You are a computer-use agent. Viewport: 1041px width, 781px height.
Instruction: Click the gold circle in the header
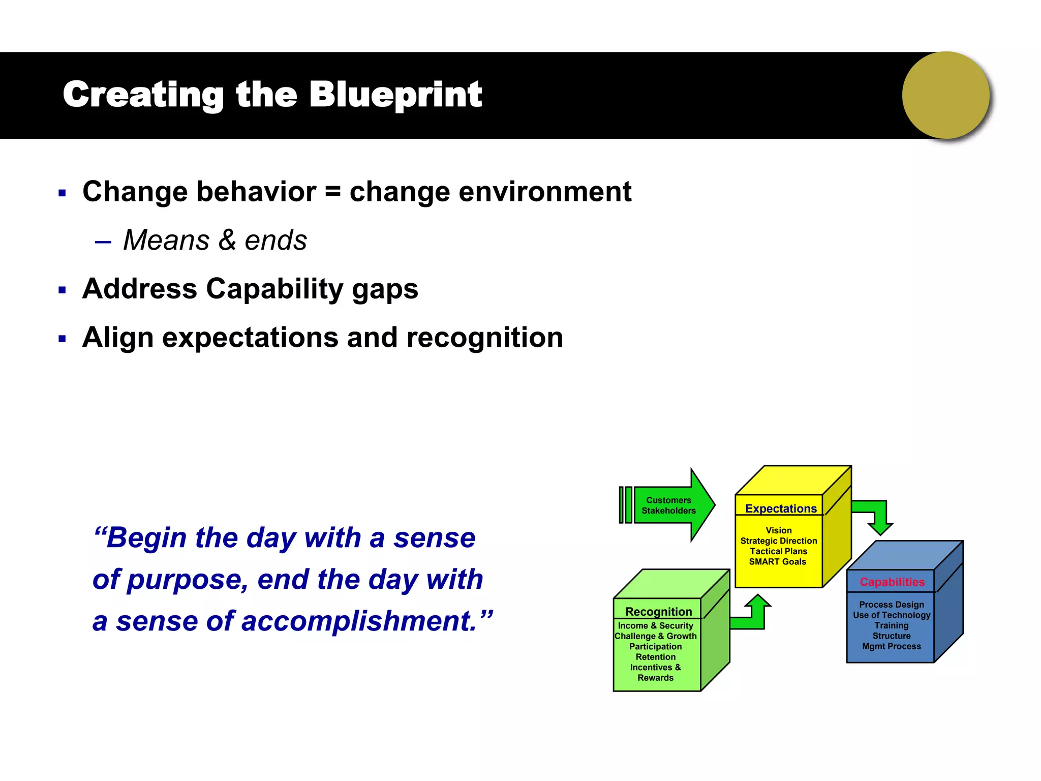tap(945, 95)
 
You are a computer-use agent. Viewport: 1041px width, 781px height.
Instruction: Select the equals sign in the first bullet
tap(332, 192)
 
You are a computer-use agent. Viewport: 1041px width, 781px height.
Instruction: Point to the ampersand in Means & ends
tap(227, 240)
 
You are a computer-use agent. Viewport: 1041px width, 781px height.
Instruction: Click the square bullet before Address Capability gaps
tap(62, 290)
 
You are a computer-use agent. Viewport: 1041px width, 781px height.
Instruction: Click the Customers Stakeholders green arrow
tap(668, 505)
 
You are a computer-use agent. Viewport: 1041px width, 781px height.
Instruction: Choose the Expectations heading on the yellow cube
tap(781, 508)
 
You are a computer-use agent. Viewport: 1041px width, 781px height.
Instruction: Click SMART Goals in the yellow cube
tap(777, 562)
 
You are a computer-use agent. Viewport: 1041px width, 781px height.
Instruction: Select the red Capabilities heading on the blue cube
tap(892, 582)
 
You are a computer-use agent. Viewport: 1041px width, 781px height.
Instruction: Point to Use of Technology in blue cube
tap(892, 615)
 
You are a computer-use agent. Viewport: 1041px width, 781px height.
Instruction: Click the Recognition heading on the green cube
tap(658, 611)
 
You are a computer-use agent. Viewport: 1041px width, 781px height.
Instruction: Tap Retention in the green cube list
tap(655, 657)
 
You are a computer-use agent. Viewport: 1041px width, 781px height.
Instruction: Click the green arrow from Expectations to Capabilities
tap(875, 514)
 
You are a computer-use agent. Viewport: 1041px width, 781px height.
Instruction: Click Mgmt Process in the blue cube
tap(891, 646)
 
